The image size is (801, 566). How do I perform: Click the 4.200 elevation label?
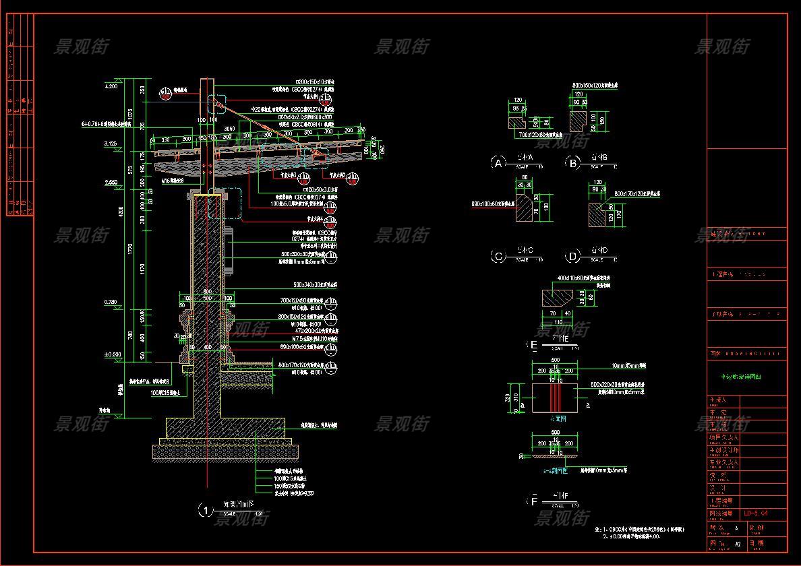coord(111,86)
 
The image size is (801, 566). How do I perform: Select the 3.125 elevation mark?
coord(111,144)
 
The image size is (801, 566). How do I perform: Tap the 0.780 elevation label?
coord(111,302)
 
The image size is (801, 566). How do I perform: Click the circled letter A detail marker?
coord(498,163)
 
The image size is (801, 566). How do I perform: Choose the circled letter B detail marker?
coord(573,163)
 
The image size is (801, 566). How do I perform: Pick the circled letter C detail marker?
coord(498,256)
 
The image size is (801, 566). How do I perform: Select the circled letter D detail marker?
coord(573,256)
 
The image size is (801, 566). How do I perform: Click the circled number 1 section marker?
coord(205,510)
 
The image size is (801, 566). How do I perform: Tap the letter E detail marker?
coord(534,346)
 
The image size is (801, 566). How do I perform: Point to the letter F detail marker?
coord(534,501)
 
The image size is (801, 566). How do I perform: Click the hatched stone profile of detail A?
coord(517,123)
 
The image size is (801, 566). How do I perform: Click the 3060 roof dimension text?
coord(229,127)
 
